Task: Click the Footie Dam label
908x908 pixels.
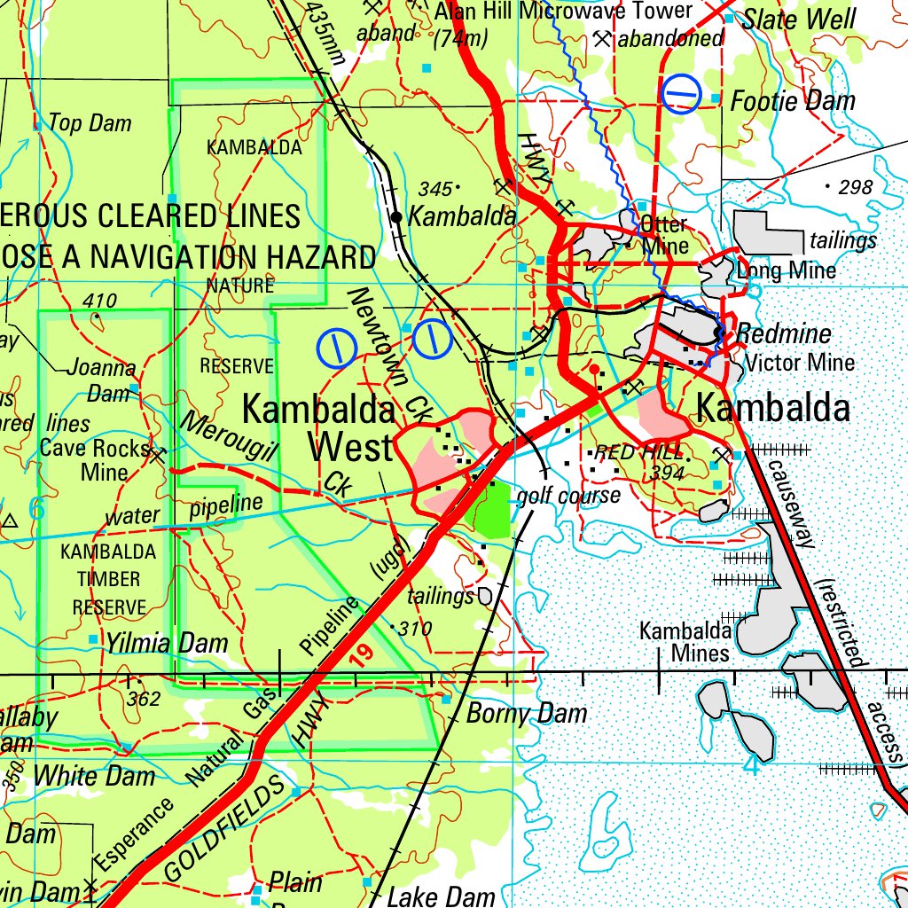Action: pos(793,101)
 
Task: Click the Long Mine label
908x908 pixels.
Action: pos(787,270)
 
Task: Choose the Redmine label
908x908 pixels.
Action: pos(785,334)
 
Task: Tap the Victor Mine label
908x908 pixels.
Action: pos(800,362)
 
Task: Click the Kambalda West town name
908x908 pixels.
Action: pos(319,429)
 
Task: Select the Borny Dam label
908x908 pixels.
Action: pos(527,713)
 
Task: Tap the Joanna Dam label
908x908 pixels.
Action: pos(101,380)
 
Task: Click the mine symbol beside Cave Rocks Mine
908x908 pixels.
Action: pos(159,455)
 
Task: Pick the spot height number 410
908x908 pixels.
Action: pos(99,301)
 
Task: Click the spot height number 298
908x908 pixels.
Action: pos(856,187)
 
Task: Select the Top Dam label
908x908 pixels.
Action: pos(90,123)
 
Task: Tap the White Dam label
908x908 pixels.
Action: pos(94,776)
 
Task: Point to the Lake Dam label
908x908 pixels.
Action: pos(442,896)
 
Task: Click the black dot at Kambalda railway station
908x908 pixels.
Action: pos(396,216)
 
